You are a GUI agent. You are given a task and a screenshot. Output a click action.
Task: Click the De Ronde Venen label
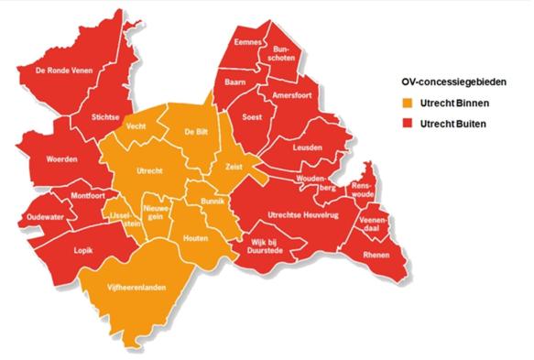pyautogui.click(x=65, y=71)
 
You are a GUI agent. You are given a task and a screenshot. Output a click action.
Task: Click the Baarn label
pyautogui.click(x=226, y=83)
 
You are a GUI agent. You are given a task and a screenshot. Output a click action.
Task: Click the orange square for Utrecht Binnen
pyautogui.click(x=402, y=104)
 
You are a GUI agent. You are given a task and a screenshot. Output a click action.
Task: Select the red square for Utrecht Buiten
pyautogui.click(x=402, y=123)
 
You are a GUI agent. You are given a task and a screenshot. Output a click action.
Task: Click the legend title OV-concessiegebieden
pyautogui.click(x=444, y=81)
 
